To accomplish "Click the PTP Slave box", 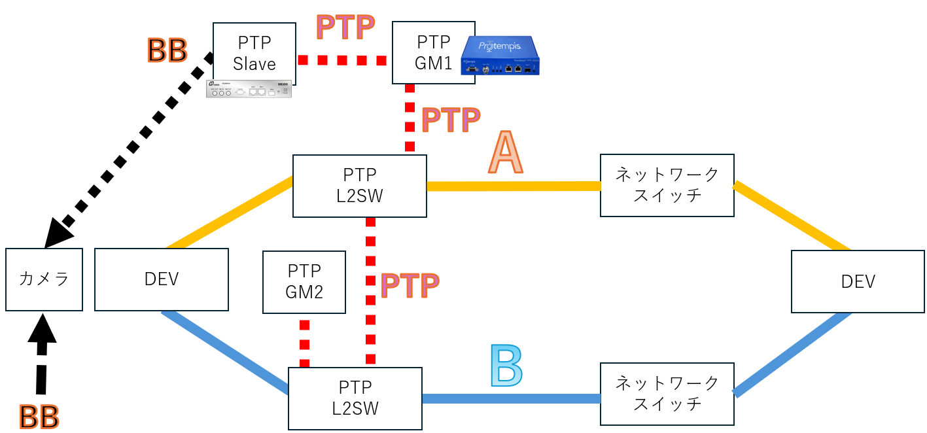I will click(x=254, y=53).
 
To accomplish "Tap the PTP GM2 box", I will click(x=304, y=281).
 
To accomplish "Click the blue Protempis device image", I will click(x=504, y=56).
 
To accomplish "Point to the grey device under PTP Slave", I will click(x=249, y=89).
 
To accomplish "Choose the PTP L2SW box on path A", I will click(x=359, y=186).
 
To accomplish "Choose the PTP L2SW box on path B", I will click(x=355, y=398).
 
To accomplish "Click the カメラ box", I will click(x=44, y=279).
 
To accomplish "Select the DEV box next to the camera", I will click(x=162, y=279).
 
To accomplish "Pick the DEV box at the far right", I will click(x=858, y=281).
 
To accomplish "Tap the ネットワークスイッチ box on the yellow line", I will click(x=667, y=185).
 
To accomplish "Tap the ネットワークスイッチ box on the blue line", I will click(x=667, y=393).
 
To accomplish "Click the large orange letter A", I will click(x=506, y=153).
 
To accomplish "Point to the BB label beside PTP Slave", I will click(x=167, y=50).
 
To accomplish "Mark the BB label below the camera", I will click(x=39, y=417).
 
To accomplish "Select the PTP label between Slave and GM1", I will click(x=345, y=27).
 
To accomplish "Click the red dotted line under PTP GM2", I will click(x=304, y=343).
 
